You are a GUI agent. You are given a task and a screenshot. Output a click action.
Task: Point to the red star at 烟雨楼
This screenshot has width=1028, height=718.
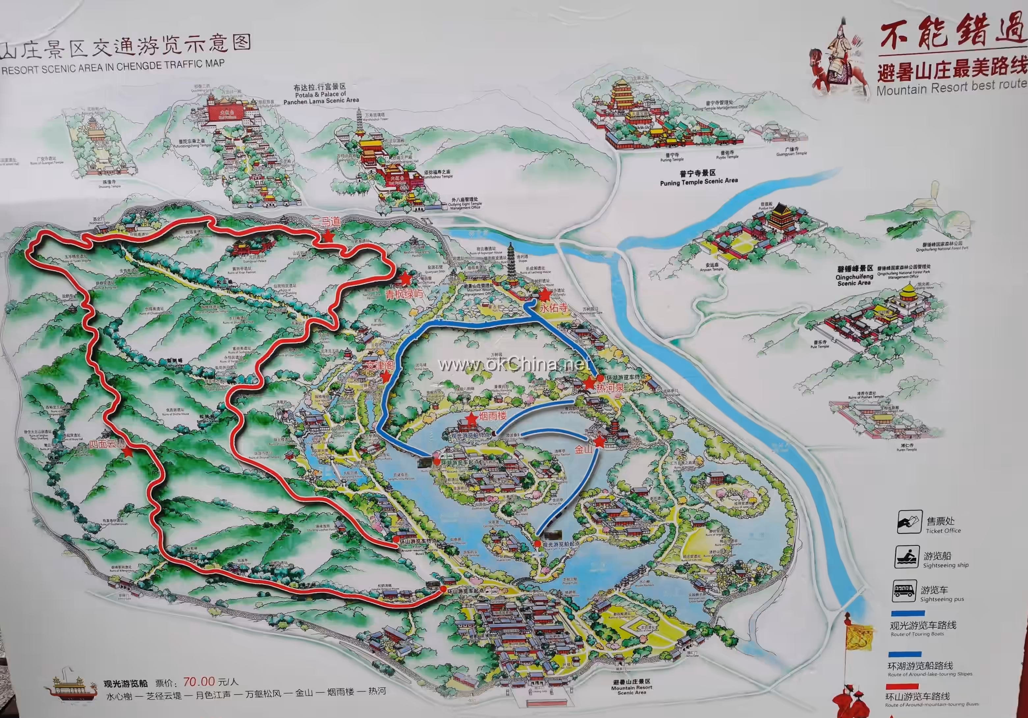click(x=471, y=419)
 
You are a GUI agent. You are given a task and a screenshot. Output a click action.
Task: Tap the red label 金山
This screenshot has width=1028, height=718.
click(x=583, y=449)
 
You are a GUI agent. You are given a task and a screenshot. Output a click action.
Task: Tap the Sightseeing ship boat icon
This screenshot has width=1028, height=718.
click(x=907, y=557)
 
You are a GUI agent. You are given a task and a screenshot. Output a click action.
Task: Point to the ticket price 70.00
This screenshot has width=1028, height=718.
click(x=199, y=682)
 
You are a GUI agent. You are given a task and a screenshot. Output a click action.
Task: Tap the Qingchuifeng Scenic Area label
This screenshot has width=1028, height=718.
click(x=854, y=275)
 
